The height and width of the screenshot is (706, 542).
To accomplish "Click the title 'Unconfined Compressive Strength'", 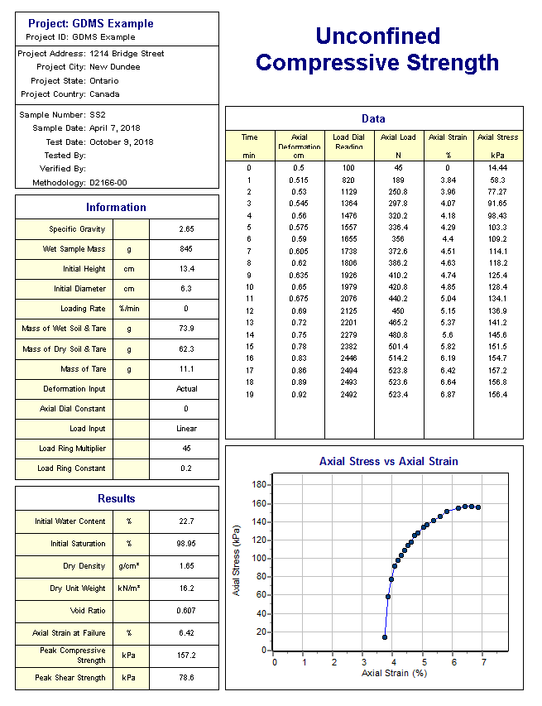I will (377, 49).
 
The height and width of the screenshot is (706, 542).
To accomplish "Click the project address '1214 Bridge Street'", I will (127, 53).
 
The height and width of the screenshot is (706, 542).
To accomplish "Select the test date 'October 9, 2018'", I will (122, 142).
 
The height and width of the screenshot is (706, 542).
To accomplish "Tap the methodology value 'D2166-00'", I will (108, 182).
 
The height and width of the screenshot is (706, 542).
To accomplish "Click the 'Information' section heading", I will (117, 207).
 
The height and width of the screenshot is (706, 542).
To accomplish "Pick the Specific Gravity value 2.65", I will (186, 228).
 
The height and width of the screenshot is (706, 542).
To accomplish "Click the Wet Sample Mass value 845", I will (186, 248).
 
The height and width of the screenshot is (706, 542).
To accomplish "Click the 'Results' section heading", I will (117, 498).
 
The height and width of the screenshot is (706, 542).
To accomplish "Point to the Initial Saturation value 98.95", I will (186, 544).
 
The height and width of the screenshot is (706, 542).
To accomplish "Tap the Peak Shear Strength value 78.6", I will (186, 678).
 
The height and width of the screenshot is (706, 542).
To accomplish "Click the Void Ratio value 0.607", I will (186, 611).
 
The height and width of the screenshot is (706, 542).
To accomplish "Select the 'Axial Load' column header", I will (398, 137).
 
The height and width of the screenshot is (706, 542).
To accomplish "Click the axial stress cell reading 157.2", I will (496, 371).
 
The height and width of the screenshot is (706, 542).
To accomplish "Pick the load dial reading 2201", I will (348, 322).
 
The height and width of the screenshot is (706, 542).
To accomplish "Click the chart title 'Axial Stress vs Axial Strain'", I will (389, 461).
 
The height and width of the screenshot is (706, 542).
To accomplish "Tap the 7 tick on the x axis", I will (482, 661).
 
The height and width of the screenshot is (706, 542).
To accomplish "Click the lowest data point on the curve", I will (385, 637).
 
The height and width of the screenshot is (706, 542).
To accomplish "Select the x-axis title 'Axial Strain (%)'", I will (394, 674).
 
